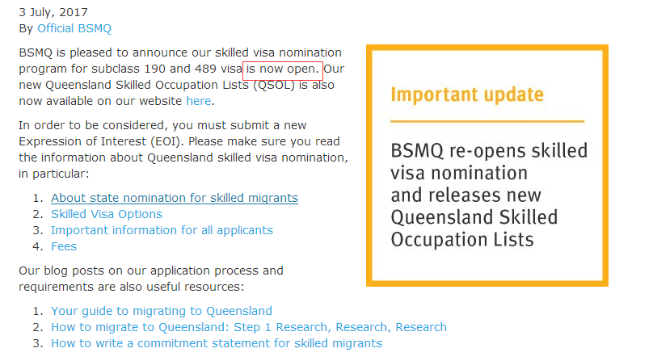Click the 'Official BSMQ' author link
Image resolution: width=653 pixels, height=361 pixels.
click(74, 28)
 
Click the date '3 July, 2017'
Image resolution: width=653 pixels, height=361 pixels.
click(53, 12)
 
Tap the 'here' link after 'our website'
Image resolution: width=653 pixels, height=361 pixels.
click(199, 101)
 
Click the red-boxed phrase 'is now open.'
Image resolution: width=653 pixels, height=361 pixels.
click(283, 69)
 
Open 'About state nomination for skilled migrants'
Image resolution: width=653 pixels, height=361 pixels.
click(175, 198)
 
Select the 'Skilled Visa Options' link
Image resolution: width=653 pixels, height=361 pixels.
click(107, 214)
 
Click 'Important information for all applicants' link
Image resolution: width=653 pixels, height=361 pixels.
click(162, 230)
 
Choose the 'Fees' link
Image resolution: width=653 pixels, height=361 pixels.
click(64, 246)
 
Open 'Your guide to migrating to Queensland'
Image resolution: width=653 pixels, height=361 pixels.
click(162, 311)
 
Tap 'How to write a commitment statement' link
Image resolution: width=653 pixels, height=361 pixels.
click(217, 343)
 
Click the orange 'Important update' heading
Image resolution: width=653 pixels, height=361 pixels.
click(467, 94)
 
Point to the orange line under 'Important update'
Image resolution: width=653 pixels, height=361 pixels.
click(487, 121)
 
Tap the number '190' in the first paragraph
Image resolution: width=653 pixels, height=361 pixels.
click(155, 69)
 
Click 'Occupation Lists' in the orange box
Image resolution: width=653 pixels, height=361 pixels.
click(461, 240)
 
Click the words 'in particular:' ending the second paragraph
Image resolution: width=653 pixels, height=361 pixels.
click(53, 174)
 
